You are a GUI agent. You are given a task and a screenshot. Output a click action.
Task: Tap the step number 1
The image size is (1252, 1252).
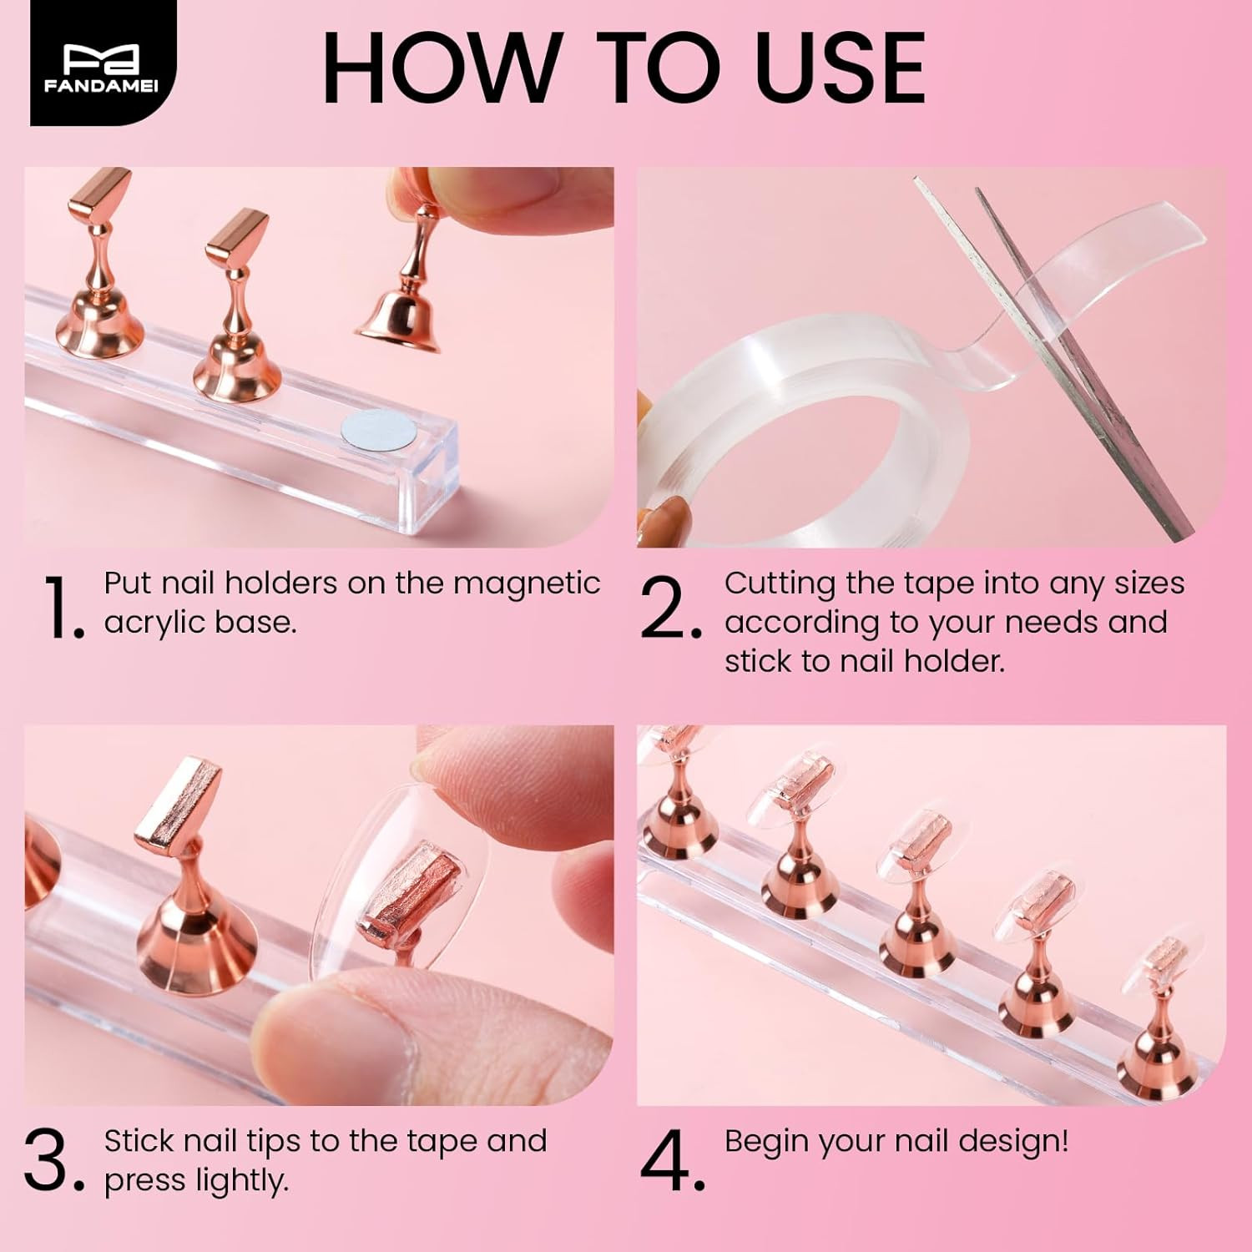[60, 607]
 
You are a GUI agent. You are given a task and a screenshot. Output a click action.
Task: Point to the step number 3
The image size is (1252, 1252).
[53, 1161]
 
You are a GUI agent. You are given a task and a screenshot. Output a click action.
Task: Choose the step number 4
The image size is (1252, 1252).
[671, 1161]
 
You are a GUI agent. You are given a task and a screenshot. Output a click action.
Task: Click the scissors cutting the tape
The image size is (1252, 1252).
[1077, 359]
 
